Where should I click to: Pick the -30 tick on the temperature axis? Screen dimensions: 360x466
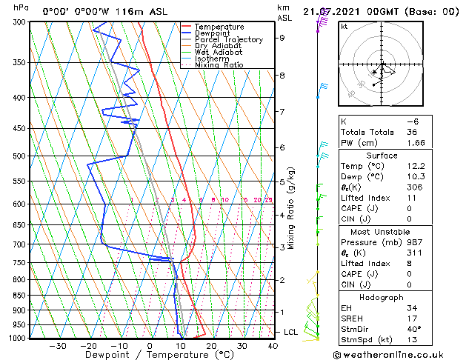point(57,345)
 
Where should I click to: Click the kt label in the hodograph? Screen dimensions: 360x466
point(344,27)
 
